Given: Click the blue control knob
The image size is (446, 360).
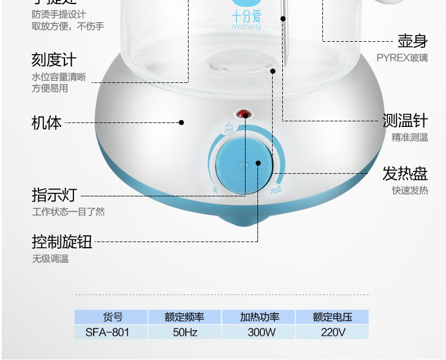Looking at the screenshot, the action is point(244,164).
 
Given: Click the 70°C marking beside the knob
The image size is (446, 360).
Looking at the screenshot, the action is point(276,190).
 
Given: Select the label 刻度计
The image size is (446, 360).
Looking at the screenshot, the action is point(54,60).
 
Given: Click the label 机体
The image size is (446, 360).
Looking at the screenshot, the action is point(46,122).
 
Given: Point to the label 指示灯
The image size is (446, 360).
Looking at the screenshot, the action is point(54,195).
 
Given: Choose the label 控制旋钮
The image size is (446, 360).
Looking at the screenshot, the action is point(62,242).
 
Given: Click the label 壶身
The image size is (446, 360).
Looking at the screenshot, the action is point(412,41).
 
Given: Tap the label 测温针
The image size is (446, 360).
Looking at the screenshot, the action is point(405,121).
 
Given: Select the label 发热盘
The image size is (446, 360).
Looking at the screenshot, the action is point(405,173).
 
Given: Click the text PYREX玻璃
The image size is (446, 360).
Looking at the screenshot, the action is point(402,58).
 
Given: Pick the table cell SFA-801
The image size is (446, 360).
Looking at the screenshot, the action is point(107,332).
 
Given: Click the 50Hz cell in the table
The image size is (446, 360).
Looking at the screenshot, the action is point(185,332).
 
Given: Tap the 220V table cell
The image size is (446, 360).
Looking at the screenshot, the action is point(333,332).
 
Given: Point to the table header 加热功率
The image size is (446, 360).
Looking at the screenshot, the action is point(260,317).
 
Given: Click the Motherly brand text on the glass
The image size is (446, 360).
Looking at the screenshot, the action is point(246,27).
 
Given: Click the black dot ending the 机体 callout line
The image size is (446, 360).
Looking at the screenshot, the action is point(182,122).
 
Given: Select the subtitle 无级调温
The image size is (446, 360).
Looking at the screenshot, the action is point(50,259).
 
